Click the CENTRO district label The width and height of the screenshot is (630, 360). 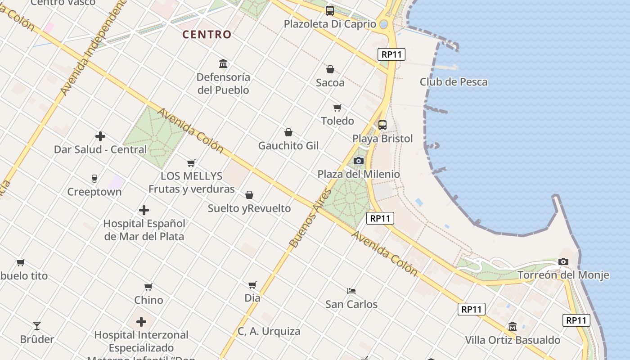coord(207,34)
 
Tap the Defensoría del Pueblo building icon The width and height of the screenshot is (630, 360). coord(223,63)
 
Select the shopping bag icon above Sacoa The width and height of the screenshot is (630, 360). coord(330,69)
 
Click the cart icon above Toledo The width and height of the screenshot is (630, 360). coord(337,108)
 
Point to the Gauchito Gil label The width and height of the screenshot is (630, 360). coord(288,146)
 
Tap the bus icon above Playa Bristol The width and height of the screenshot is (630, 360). coord(382,125)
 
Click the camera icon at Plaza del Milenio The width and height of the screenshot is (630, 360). coord(359,161)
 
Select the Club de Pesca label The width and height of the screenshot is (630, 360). coord(454,82)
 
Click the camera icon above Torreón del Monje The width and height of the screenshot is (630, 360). coord(563,261)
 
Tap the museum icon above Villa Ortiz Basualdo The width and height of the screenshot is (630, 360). coord(512,326)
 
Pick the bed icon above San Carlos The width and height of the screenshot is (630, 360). coord(351,291)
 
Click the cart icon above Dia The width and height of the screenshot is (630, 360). coord(252,284)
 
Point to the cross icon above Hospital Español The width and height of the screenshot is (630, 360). coord(144,210)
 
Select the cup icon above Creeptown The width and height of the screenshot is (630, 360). coord(94,179)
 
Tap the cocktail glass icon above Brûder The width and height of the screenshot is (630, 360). coord(37,325)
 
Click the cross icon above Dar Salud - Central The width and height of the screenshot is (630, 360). coord(100,136)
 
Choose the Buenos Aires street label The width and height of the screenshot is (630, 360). coord(310,218)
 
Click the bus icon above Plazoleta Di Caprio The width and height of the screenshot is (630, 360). coord(330,11)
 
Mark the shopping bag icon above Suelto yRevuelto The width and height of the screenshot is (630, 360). coord(249,195)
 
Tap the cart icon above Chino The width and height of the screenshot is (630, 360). coord(148,287)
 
